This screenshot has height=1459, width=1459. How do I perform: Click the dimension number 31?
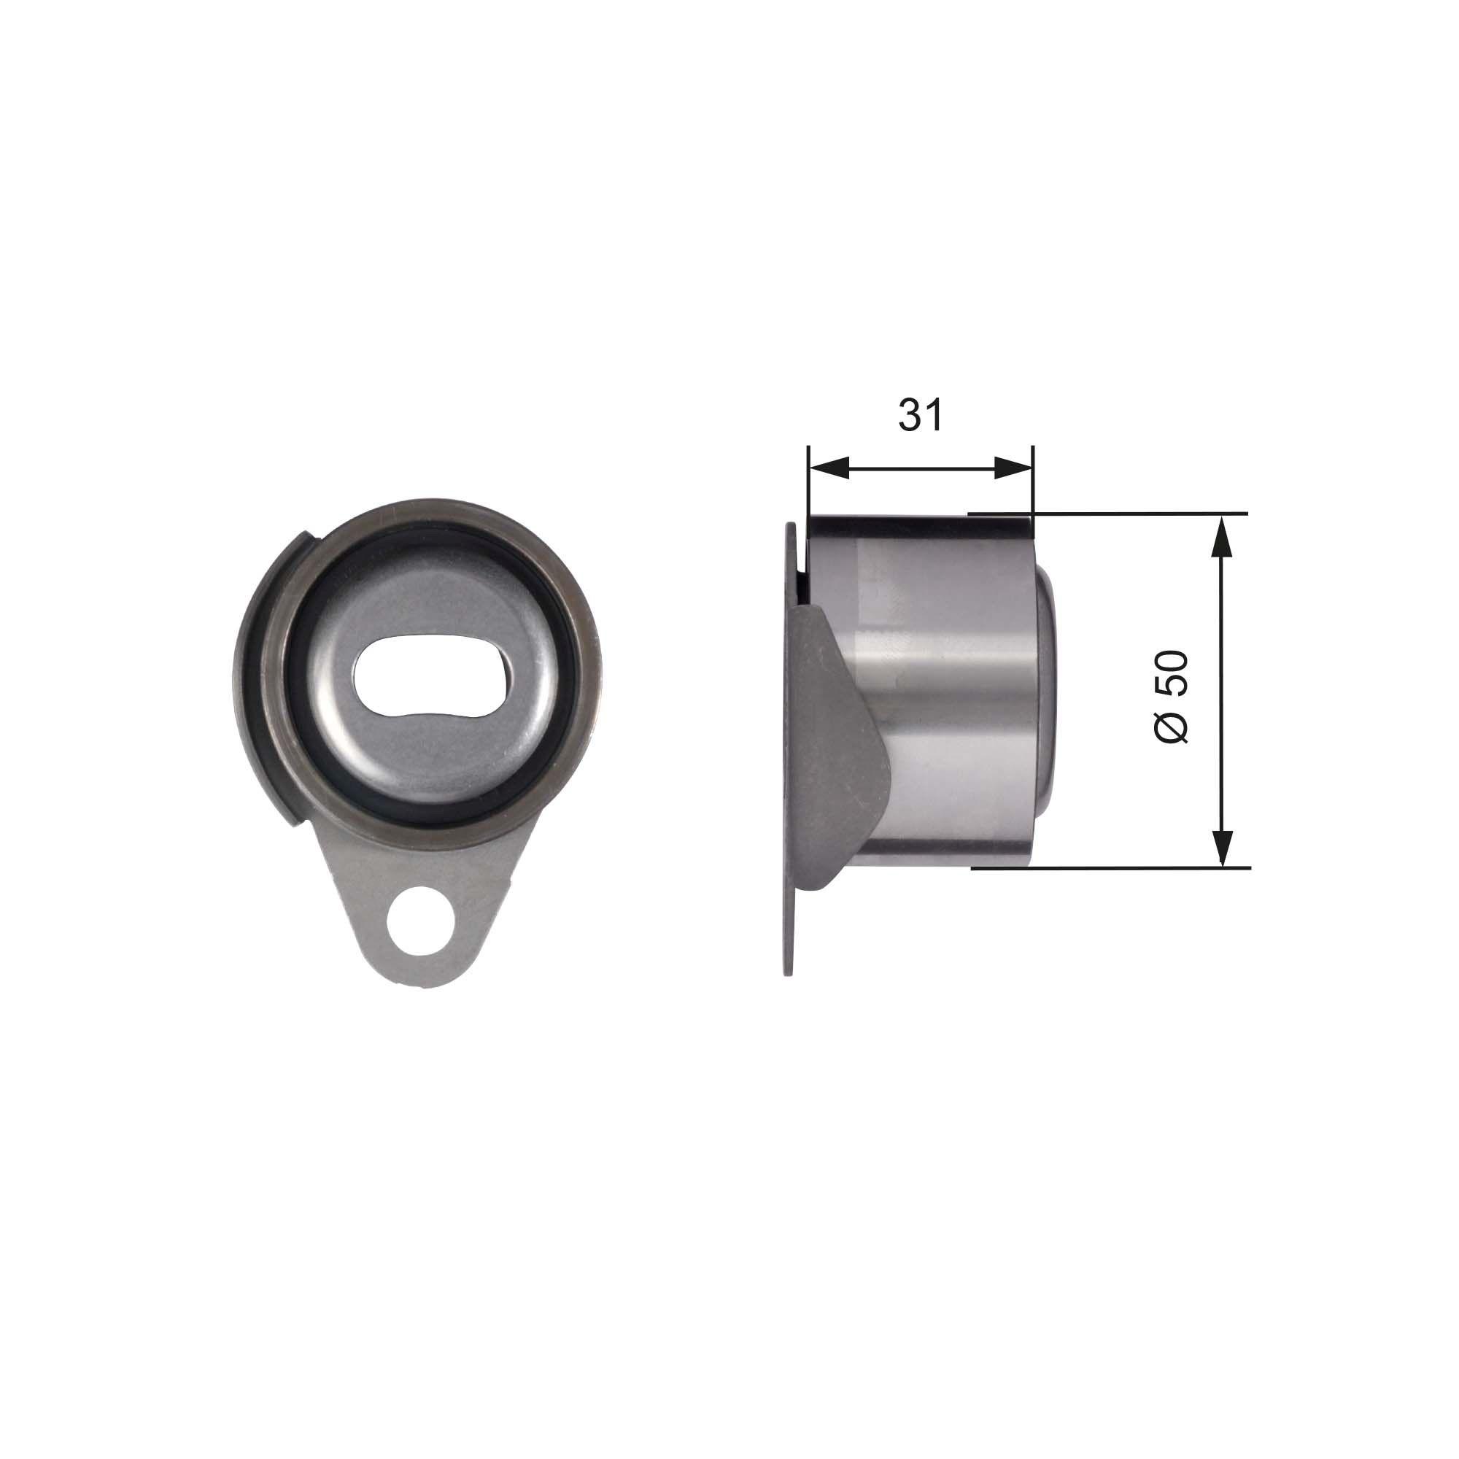(x=921, y=416)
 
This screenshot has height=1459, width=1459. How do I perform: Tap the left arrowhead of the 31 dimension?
(x=828, y=468)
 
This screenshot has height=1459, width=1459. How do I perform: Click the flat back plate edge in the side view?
(x=789, y=868)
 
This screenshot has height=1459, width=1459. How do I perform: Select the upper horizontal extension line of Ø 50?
(x=1133, y=514)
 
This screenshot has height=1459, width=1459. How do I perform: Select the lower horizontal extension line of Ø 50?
(x=1133, y=867)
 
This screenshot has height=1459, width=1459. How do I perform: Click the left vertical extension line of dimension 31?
(x=808, y=484)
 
